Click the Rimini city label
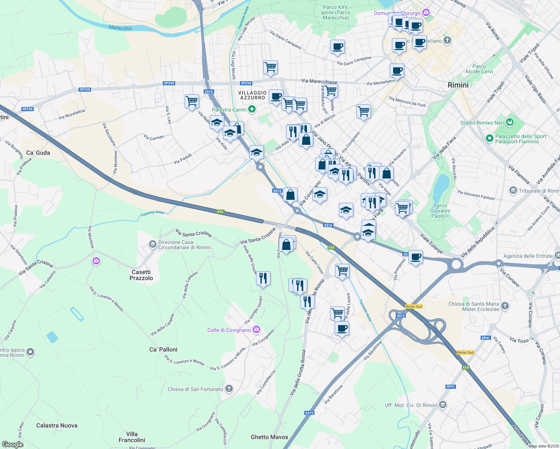pos(458,85)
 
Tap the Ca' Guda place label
pos(38,153)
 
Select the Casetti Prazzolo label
pos(141,275)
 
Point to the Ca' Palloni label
pos(163,349)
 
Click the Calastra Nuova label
pos(57,425)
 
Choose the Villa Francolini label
pos(132,437)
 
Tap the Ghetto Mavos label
pos(269,437)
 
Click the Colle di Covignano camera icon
pos(256,330)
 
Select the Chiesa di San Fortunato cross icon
pos(229,389)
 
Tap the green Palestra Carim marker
pos(252,109)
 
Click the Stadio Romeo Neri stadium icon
pos(509,122)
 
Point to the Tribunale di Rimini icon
pos(513,191)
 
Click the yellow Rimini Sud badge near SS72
pos(414,306)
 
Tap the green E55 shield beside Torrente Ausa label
pos(220,212)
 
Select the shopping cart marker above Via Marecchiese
pos(270,67)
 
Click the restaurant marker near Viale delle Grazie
pos(264,278)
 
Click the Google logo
pos(12,444)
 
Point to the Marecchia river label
pos(120,28)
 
